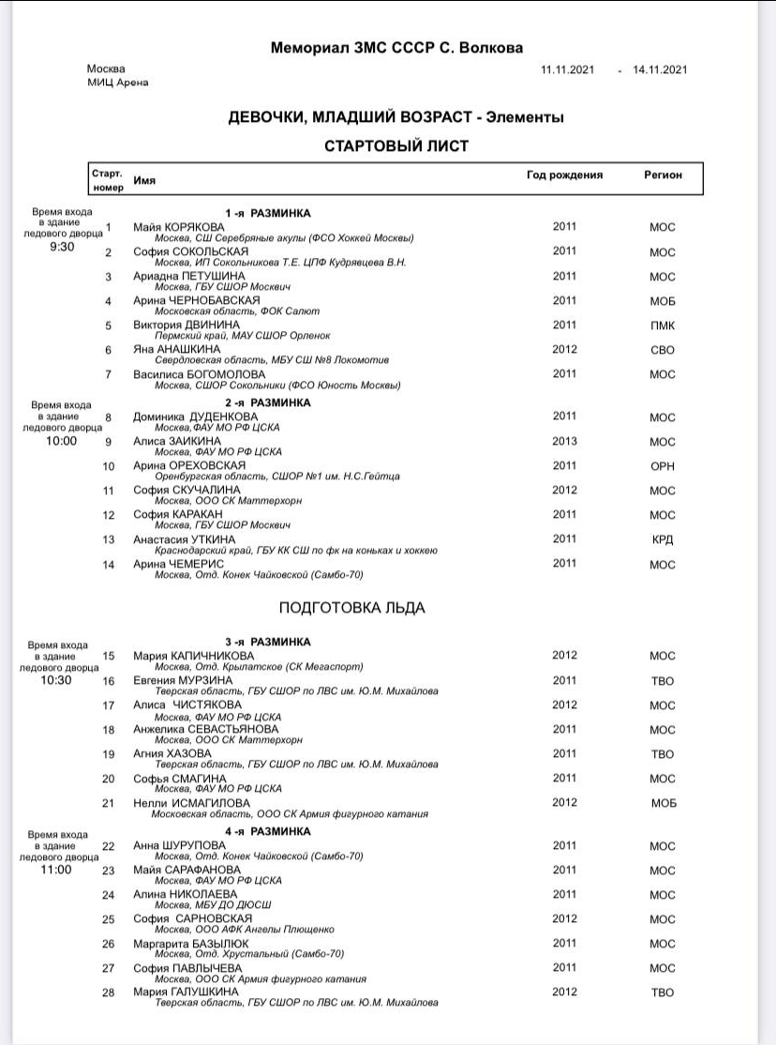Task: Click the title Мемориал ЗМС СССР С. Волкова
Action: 396,48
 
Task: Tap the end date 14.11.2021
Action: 661,69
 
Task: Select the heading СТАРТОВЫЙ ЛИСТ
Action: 396,145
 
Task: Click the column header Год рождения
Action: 564,175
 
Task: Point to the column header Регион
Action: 663,175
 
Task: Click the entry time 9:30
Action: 63,248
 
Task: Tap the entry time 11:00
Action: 56,870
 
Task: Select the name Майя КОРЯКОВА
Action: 179,227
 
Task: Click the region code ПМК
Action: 663,326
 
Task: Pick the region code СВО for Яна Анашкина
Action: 663,350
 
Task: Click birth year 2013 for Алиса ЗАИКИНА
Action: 564,441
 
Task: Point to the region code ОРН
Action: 663,466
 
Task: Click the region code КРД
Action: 663,539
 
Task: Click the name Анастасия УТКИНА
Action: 185,539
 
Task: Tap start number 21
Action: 109,803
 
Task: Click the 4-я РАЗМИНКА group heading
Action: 267,831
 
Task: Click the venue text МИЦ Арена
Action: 117,83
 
